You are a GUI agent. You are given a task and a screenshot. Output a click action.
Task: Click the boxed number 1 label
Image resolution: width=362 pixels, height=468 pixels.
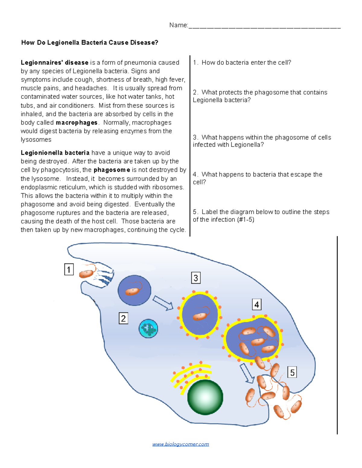pos(69,269)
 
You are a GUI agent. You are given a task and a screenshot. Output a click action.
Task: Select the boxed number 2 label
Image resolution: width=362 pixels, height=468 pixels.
pos(123,318)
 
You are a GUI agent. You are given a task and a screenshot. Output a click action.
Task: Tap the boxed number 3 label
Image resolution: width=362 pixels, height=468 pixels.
pos(196,278)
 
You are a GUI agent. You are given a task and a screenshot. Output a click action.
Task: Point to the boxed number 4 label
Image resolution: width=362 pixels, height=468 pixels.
pos(257,305)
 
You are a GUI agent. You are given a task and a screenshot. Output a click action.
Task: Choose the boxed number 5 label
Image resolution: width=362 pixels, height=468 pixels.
pos(292,372)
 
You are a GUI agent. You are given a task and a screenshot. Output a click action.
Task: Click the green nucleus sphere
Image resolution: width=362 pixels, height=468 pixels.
pos(205,397)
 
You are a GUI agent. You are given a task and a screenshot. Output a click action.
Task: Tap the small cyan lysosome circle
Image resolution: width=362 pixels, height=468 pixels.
pos(148,328)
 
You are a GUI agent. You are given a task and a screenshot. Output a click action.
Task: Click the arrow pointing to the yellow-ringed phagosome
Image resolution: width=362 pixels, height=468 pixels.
pos(163,303)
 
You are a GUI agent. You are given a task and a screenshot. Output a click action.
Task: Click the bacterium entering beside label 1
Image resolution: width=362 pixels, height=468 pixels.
pos(86,274)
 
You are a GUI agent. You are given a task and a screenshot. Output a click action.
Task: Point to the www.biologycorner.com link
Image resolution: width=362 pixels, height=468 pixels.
pos(180,444)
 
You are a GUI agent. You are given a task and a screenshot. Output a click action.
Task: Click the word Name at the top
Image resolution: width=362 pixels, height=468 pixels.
pos(178,25)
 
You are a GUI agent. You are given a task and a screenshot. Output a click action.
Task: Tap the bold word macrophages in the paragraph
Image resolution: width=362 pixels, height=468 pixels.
pos(77,123)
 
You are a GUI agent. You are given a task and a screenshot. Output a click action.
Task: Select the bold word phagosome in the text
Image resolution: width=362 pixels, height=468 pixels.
pos(112,170)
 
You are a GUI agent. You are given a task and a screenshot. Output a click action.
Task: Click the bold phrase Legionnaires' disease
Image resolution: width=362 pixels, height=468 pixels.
pos(55,63)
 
